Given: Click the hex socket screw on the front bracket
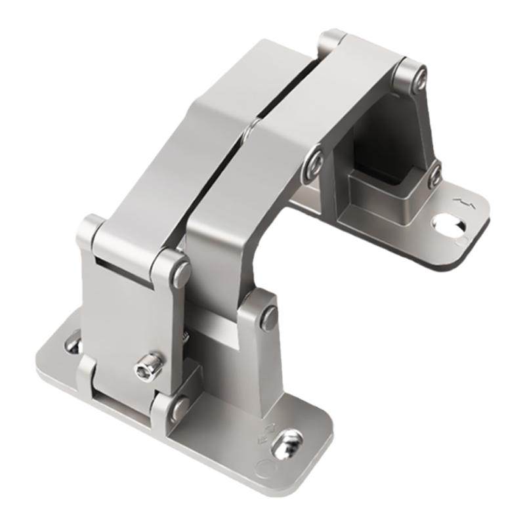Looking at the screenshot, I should point(149,367).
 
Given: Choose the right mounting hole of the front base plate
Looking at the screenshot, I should point(286,445).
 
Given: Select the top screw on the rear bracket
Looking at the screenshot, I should point(418,77).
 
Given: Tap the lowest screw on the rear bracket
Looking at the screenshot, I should point(434,176).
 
